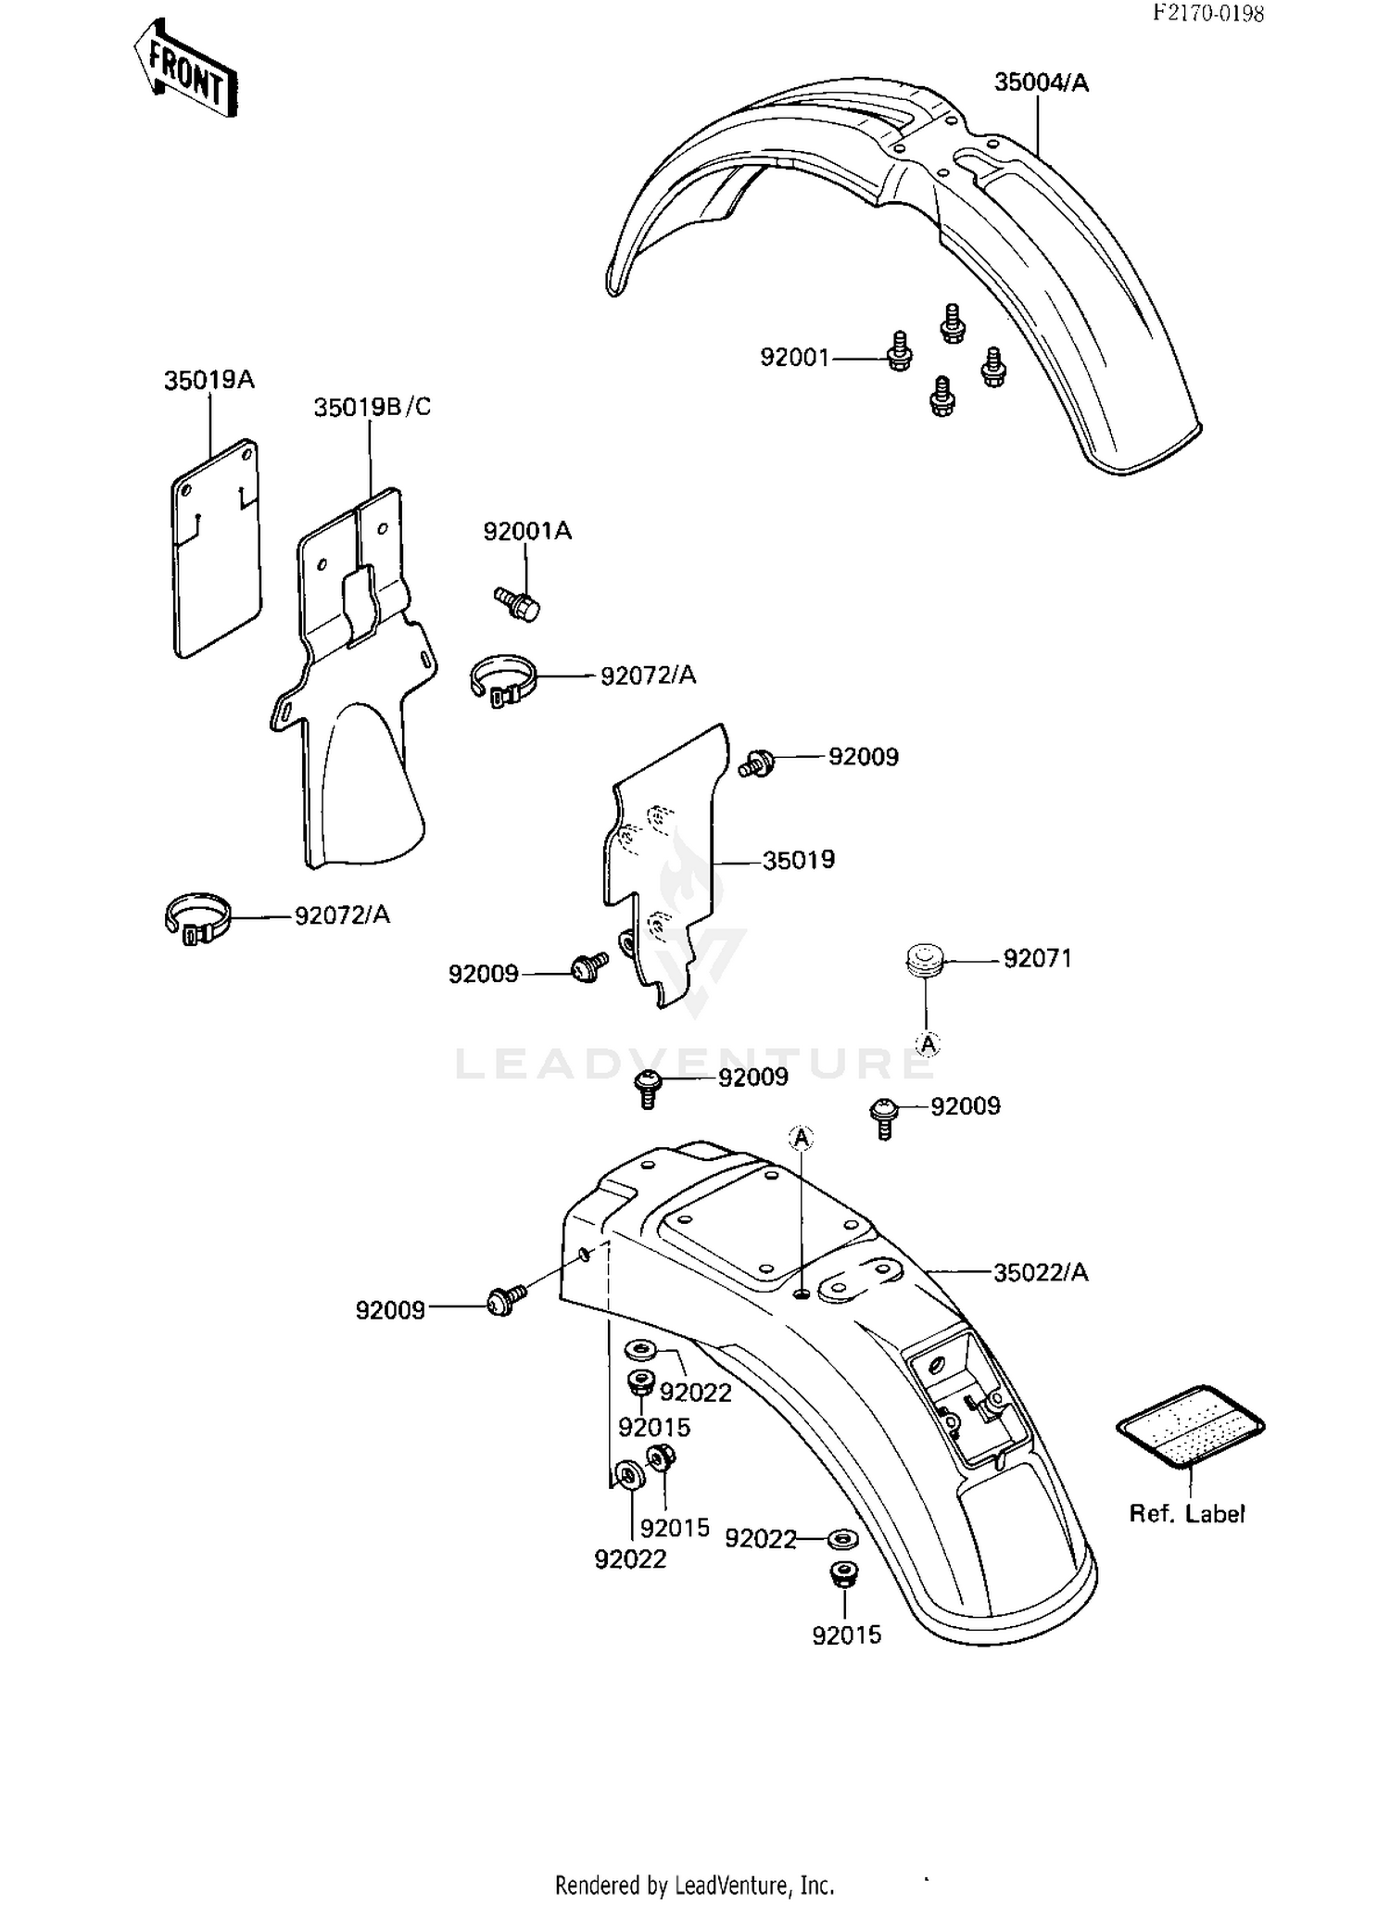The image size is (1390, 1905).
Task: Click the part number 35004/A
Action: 1041,83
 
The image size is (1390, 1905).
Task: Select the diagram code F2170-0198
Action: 1207,13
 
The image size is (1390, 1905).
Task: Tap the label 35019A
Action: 208,380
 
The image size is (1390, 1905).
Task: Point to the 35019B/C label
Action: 372,408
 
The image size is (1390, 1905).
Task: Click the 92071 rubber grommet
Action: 923,959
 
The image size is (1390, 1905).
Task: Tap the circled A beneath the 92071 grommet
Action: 928,1044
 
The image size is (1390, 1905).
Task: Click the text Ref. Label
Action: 1186,1514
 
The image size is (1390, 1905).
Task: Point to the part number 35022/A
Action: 1040,1273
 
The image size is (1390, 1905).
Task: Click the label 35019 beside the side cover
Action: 798,860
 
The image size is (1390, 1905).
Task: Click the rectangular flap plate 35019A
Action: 216,551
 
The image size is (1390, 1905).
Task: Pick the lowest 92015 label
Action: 846,1635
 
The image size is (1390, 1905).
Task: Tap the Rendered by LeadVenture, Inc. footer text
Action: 694,1886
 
